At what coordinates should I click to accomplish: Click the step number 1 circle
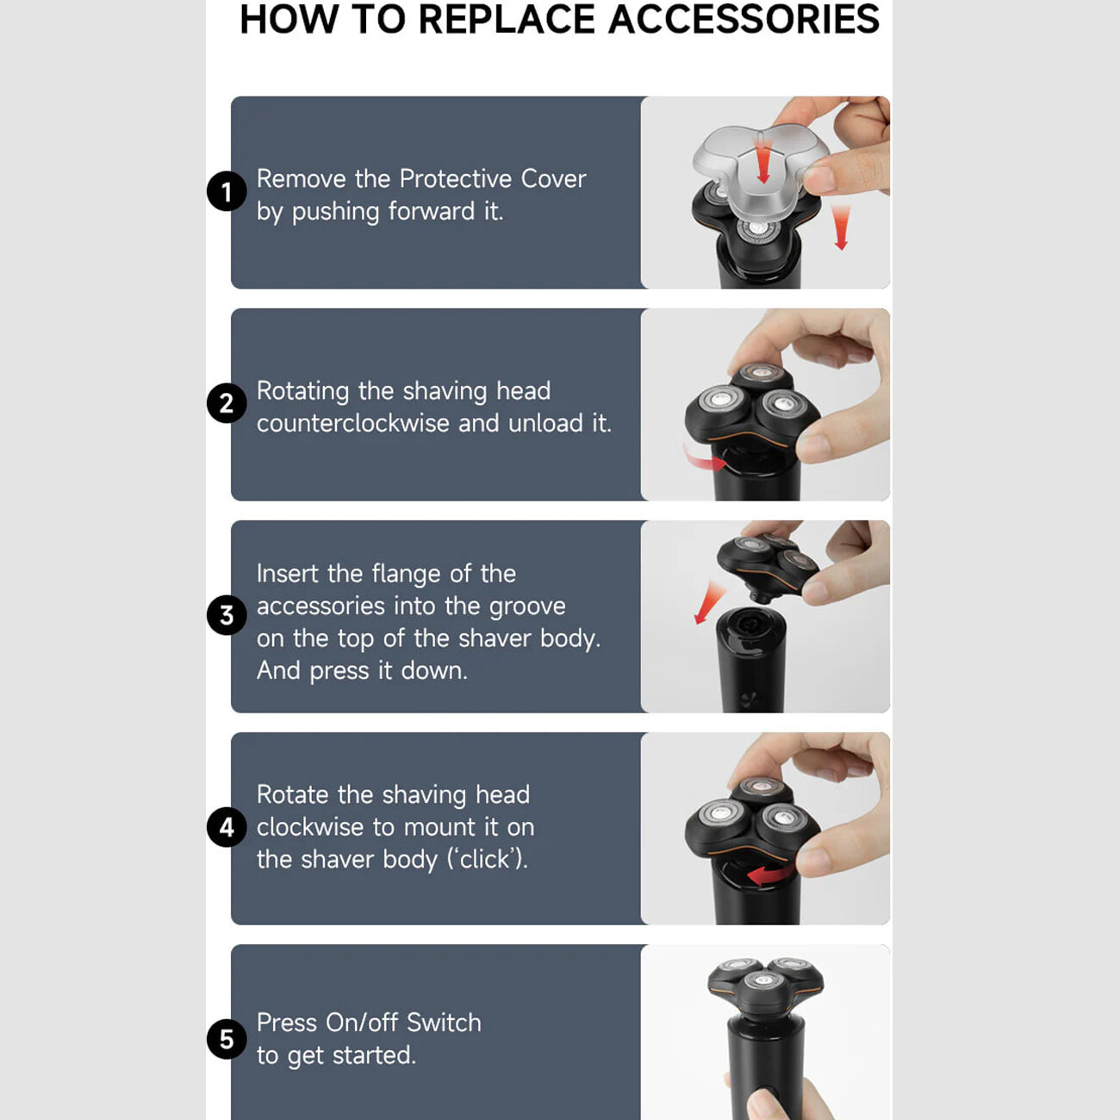[x=227, y=191]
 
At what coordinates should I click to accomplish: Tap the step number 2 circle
[x=227, y=403]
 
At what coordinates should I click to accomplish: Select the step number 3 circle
[x=227, y=615]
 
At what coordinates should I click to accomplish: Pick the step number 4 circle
[x=227, y=827]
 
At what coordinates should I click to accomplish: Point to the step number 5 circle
[x=227, y=1039]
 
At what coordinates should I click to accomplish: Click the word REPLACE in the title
[x=507, y=19]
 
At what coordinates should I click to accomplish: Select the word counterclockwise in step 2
[x=352, y=423]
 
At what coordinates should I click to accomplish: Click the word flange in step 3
[x=406, y=576]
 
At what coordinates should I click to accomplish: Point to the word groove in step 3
[x=527, y=607]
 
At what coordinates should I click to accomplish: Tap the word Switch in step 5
[x=444, y=1023]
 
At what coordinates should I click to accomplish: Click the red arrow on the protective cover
[x=762, y=158]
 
